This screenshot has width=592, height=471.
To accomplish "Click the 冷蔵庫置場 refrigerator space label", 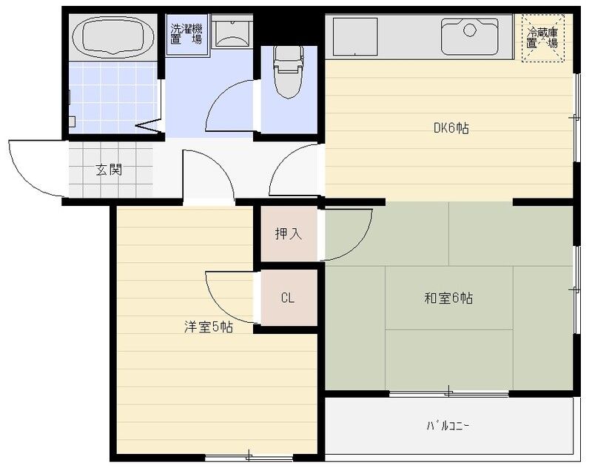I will (x=542, y=37).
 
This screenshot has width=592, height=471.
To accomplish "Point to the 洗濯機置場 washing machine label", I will (x=186, y=34).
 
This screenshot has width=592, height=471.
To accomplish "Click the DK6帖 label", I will (x=451, y=127).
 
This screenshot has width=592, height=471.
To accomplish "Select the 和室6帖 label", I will (x=448, y=298).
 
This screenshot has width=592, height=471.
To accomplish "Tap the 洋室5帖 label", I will (x=209, y=326).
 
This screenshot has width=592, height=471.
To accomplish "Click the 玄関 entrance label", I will (x=109, y=170).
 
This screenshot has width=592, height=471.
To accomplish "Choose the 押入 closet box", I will (x=289, y=234).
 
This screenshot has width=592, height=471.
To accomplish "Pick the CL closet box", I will (x=288, y=298).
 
